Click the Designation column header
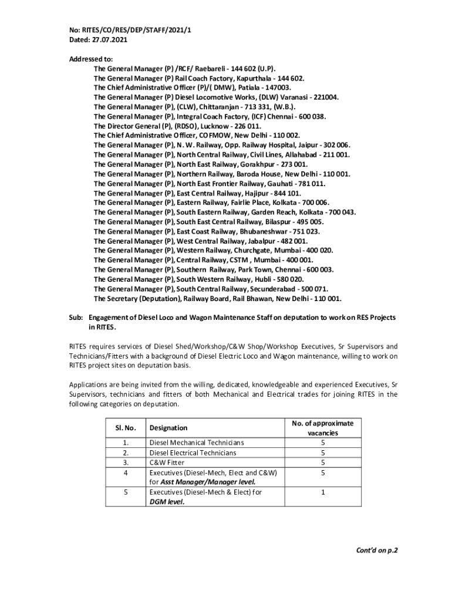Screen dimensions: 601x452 pos(168,428)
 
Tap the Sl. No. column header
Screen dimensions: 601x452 pos(119,428)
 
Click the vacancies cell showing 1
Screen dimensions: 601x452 pos(322,492)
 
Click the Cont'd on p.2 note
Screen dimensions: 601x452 pos(378,551)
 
